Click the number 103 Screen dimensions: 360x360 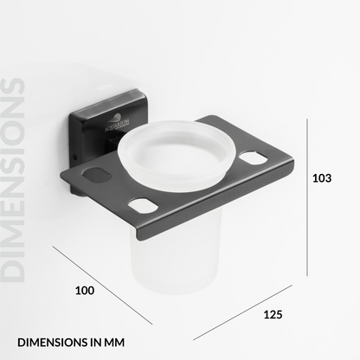point(322,178)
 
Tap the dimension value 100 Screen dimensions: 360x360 point(84,290)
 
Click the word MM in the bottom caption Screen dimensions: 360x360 point(114,342)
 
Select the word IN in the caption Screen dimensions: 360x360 point(93,342)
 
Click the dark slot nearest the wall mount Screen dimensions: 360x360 point(98,177)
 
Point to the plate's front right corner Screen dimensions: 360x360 point(292,163)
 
